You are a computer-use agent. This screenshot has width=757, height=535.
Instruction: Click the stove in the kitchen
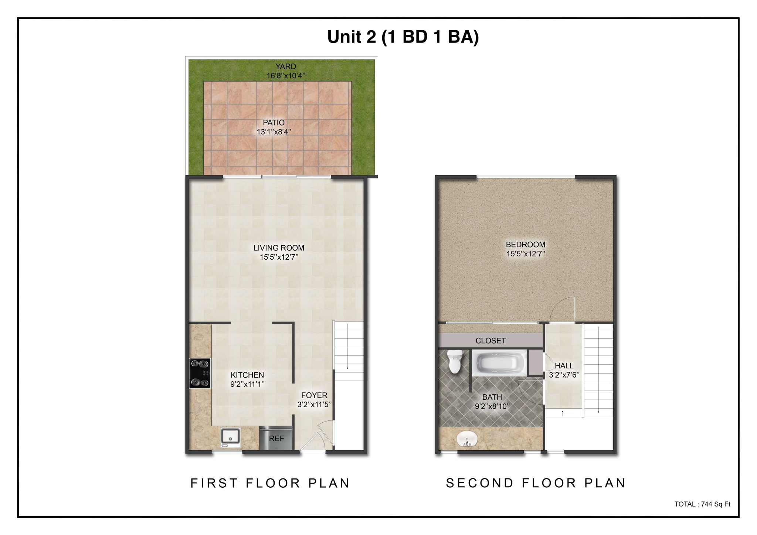(200, 373)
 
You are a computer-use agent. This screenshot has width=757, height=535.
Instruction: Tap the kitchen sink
(231, 437)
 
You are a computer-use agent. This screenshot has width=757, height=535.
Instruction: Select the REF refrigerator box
(276, 439)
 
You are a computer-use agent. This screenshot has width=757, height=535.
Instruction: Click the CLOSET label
(490, 341)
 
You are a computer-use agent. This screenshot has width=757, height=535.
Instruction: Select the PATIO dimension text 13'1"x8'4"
(274, 132)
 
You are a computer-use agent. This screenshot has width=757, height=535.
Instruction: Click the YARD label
(286, 67)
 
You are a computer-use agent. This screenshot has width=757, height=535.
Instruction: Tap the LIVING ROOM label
(279, 248)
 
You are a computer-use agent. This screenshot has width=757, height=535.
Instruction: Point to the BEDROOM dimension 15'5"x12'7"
(526, 254)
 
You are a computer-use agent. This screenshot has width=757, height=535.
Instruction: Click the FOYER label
(314, 395)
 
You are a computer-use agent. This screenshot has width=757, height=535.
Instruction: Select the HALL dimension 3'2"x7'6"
(564, 375)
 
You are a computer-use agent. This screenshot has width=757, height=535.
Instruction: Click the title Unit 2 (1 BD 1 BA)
(403, 37)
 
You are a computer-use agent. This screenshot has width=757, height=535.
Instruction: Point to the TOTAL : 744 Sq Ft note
(702, 504)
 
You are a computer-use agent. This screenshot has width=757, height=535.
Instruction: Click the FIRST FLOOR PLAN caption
(270, 483)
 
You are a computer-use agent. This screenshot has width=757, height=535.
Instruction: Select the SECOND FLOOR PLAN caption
(536, 483)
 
